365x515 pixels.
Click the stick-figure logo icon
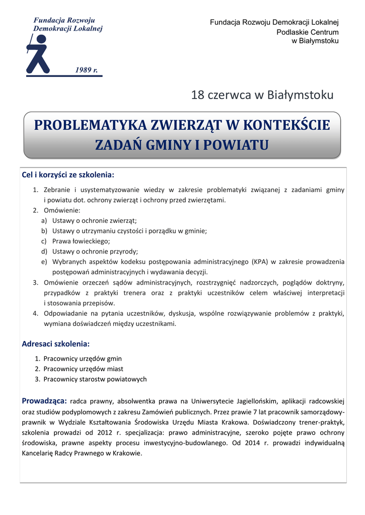(x=38, y=54)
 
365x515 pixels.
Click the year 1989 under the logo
(x=86, y=70)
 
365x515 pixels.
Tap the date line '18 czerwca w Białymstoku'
(x=262, y=95)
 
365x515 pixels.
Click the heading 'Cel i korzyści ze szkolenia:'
(x=68, y=175)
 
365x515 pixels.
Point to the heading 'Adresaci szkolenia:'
(x=55, y=344)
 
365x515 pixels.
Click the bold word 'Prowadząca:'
(x=44, y=401)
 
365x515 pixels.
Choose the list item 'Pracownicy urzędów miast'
(x=83, y=369)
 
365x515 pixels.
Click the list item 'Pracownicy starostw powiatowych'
(x=95, y=379)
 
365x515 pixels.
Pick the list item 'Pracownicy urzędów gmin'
(x=82, y=359)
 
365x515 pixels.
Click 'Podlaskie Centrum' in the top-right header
(x=308, y=32)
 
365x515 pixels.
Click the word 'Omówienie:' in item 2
(x=62, y=210)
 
